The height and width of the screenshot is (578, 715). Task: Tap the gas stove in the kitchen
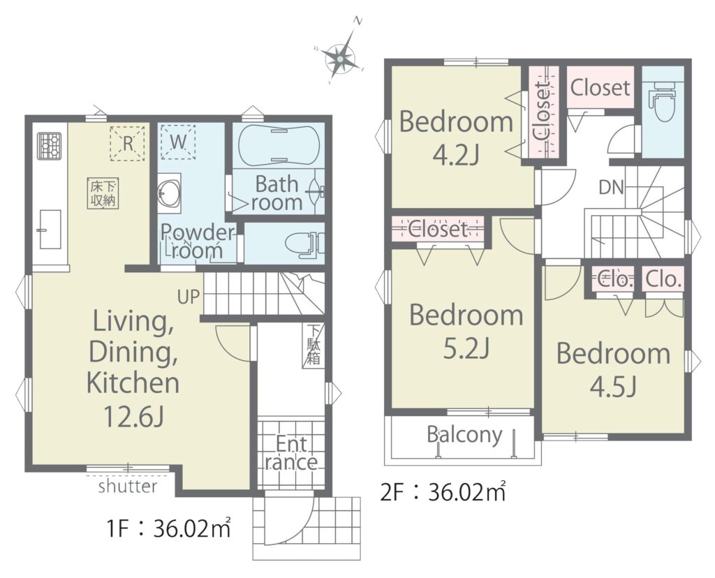click(49, 146)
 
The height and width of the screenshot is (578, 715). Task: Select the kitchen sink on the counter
click(50, 229)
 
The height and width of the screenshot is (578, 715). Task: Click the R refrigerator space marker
click(127, 143)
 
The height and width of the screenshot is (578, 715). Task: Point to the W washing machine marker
click(178, 142)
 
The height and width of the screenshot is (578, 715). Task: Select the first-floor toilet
click(304, 244)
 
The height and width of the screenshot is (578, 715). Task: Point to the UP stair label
click(189, 297)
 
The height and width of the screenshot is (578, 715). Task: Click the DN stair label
click(611, 187)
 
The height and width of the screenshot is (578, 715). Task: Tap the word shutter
click(128, 487)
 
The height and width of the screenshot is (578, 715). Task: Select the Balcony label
click(464, 435)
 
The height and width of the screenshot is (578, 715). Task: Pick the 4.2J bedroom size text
click(456, 155)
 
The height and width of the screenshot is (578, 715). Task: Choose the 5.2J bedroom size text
click(466, 348)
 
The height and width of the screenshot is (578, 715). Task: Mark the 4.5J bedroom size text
click(614, 387)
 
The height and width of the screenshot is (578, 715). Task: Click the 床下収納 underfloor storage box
click(103, 193)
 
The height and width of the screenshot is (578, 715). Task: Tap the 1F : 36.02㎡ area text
click(168, 528)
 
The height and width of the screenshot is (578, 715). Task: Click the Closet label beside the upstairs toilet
click(600, 87)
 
